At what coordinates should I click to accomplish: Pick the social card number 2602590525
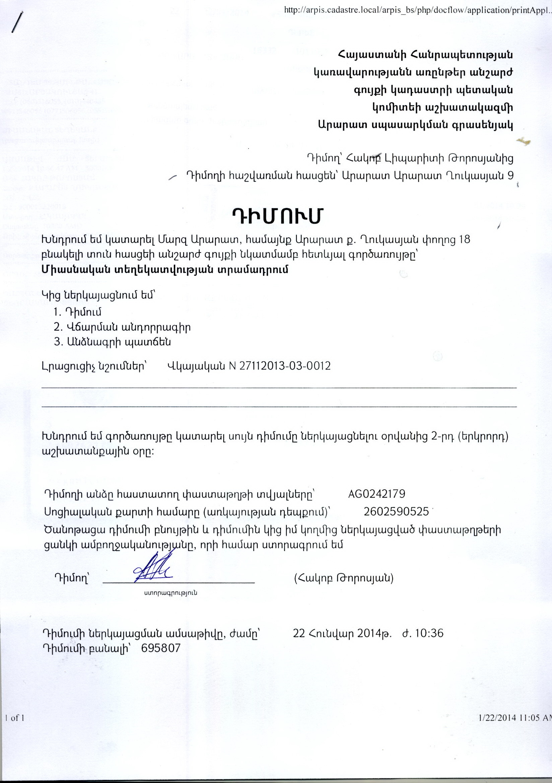(396, 511)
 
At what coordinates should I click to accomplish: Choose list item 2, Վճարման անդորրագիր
(122, 328)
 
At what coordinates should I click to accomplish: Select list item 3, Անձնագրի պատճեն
(112, 342)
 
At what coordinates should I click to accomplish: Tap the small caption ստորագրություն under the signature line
(170, 593)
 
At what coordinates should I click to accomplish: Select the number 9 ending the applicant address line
(510, 175)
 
